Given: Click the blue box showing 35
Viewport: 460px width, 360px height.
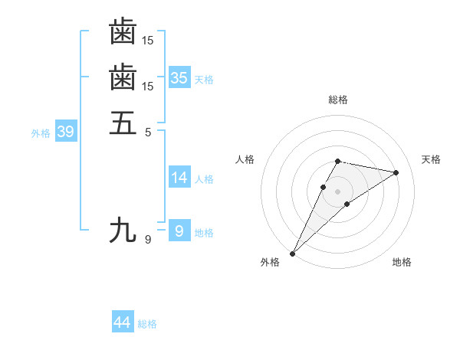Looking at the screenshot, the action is (179, 77).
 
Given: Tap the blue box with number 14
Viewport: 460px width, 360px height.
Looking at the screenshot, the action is (179, 178).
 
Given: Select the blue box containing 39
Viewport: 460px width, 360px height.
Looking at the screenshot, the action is (65, 132).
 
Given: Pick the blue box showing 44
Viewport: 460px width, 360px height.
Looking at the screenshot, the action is (123, 323).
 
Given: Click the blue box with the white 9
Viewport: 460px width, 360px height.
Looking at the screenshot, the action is (179, 231).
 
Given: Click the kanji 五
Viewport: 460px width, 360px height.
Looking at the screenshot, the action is (123, 123).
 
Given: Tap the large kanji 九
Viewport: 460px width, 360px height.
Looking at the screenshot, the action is (123, 230).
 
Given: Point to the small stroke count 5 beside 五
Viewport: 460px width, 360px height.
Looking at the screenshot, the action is (148, 131).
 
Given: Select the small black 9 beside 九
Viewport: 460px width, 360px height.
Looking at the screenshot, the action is (148, 240).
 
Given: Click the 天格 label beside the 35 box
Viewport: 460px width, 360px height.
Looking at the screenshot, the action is (204, 79).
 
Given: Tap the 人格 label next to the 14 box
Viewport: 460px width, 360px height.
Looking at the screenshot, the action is (204, 179).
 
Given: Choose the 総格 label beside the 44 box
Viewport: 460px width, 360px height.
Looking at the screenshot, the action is (147, 325).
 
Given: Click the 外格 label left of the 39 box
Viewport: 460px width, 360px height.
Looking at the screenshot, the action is (41, 133).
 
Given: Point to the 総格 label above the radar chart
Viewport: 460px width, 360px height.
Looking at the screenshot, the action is (338, 100).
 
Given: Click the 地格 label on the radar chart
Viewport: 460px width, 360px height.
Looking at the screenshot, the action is (402, 263).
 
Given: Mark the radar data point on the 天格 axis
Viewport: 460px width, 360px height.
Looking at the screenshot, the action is (396, 172).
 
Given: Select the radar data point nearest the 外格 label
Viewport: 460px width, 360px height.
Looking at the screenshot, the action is (293, 253).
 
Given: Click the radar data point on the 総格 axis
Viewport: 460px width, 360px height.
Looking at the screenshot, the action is (338, 161).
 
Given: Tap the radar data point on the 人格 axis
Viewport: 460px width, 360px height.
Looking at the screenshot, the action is (324, 187).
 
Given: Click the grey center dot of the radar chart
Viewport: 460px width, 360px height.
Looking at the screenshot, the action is (338, 191).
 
